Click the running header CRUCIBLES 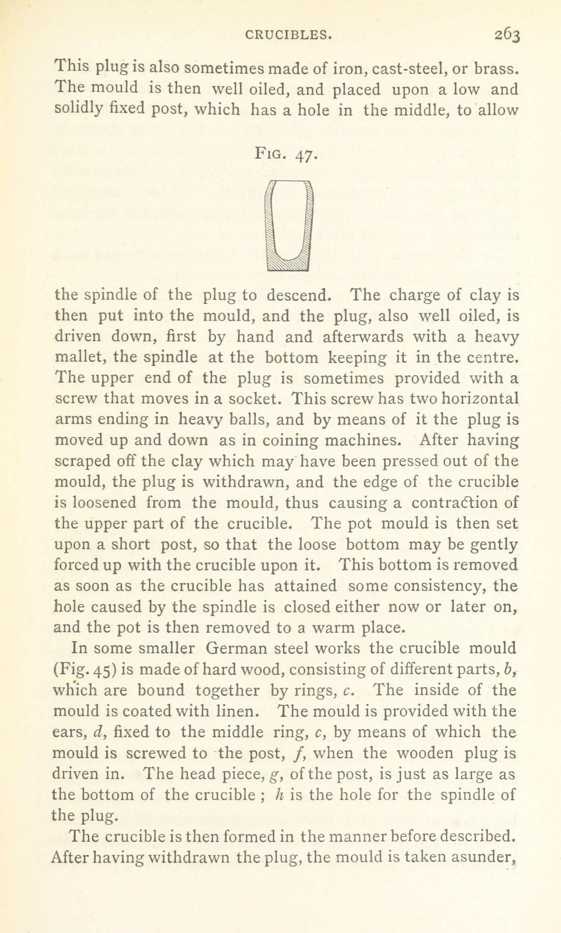[289, 36]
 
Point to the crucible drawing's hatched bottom [288, 264]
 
